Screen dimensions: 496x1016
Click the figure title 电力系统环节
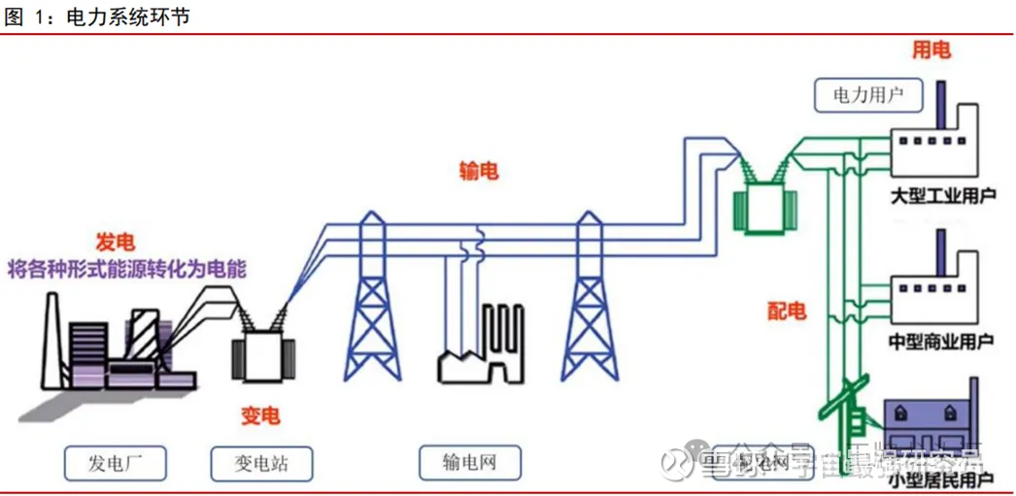coord(126,16)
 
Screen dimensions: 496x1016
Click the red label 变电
coord(260,415)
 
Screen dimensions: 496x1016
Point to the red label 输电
coord(479,172)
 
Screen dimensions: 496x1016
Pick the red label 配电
coord(786,311)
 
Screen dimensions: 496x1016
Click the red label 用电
coord(931,50)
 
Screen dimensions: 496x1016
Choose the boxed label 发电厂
coord(115,463)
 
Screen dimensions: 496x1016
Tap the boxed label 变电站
coord(261,463)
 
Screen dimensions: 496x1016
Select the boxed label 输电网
coord(469,463)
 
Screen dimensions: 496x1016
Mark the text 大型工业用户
coord(942,196)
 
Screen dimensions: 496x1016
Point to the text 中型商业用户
coord(941,341)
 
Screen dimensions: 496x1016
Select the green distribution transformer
coord(764,206)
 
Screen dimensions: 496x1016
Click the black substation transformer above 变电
coord(260,355)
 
